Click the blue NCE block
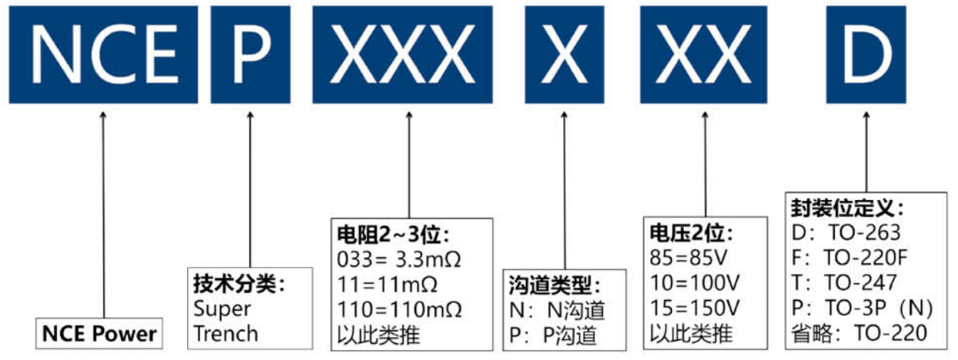103,55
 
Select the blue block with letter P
250,55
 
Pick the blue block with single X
564,55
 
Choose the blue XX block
704,55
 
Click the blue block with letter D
865,55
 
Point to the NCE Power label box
100,333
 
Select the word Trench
225,333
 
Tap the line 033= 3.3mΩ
400,260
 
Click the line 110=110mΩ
400,310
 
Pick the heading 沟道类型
555,286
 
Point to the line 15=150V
694,309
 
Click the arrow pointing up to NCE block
103,213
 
